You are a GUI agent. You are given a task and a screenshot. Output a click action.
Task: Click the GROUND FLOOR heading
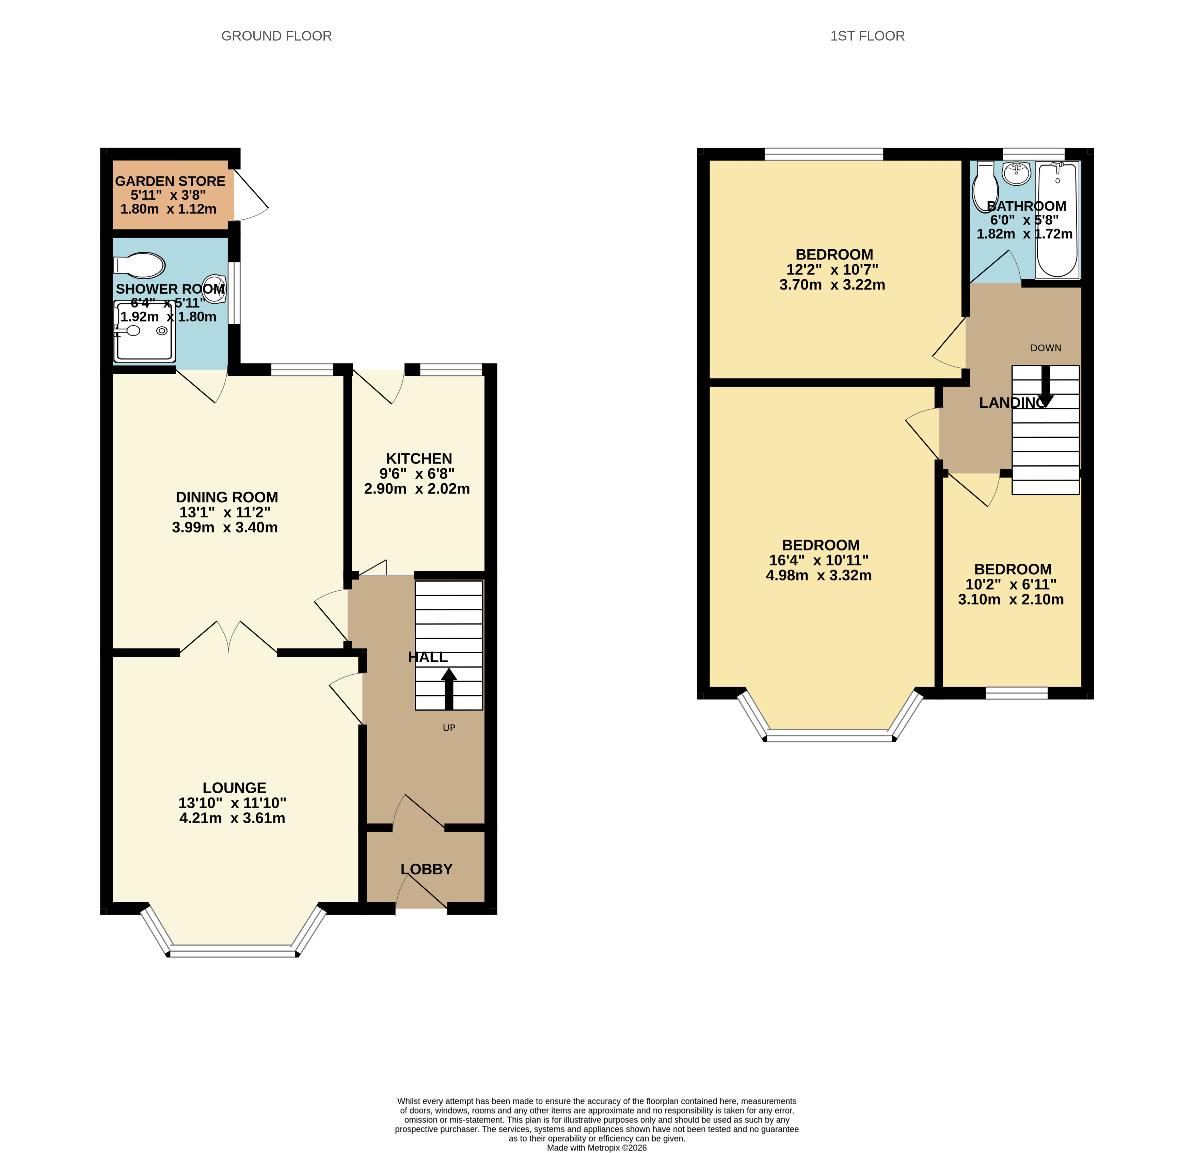pos(276,36)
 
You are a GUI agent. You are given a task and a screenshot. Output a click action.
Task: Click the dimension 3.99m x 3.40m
pos(225,527)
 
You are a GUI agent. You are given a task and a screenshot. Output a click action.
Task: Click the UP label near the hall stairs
pos(449,728)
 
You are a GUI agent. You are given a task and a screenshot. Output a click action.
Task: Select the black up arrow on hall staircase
pos(449,689)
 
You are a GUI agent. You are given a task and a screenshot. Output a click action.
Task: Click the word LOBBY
pos(426,869)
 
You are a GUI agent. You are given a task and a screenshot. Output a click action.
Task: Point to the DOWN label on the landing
pos(1045,348)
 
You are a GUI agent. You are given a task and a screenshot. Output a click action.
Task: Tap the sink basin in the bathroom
pos(1016,174)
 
